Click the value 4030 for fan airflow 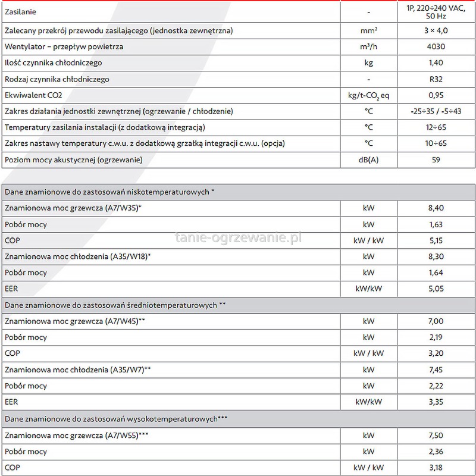pyautogui.click(x=436, y=46)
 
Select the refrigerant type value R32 pyautogui.click(x=436, y=79)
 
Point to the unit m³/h pyautogui.click(x=368, y=46)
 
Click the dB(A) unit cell pyautogui.click(x=368, y=160)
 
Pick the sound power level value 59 pyautogui.click(x=436, y=160)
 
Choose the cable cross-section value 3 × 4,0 pyautogui.click(x=436, y=30)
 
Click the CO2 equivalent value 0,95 pyautogui.click(x=436, y=95)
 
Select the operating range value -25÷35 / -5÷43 pyautogui.click(x=436, y=111)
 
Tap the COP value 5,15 pyautogui.click(x=436, y=241)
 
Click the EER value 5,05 pyautogui.click(x=436, y=289)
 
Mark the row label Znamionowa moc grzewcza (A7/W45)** pyautogui.click(x=75, y=321)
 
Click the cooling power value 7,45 pyautogui.click(x=436, y=369)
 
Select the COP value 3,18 pyautogui.click(x=436, y=468)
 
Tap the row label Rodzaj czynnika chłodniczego pyautogui.click(x=57, y=79)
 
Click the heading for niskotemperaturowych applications pyautogui.click(x=109, y=192)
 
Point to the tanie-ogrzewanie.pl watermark pyautogui.click(x=239, y=238)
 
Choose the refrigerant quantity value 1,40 pyautogui.click(x=436, y=62)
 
